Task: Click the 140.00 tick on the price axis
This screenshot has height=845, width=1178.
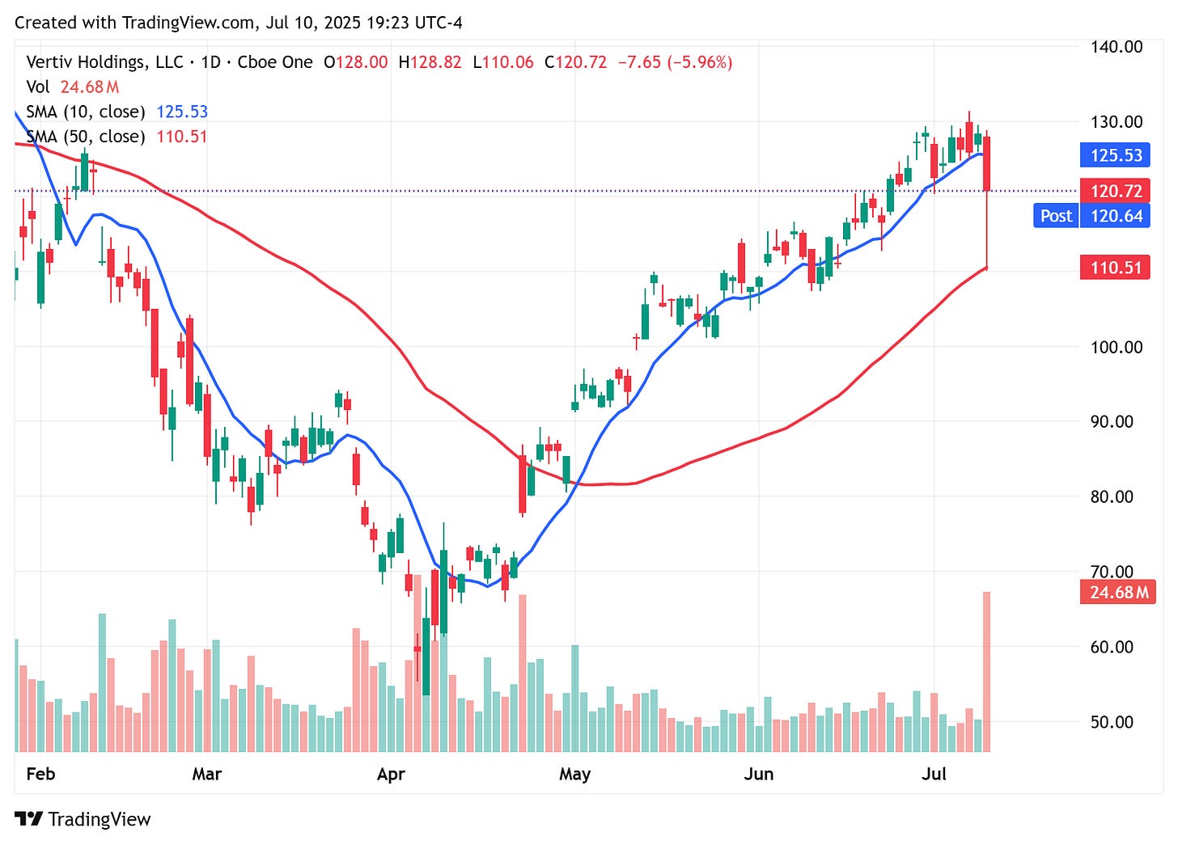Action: coord(1116,47)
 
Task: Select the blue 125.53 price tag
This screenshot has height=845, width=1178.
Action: coord(1116,155)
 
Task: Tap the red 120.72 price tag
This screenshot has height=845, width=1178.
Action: coord(1116,192)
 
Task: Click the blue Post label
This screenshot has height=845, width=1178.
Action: coord(1056,216)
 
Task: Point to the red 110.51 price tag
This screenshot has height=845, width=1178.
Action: coord(1116,268)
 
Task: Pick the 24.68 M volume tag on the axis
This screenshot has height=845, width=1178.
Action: coord(1118,593)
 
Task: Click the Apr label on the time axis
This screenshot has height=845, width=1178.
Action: coord(391,775)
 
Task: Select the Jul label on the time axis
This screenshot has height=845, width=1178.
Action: coord(934,775)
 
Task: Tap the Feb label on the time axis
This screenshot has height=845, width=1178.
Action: coord(40,775)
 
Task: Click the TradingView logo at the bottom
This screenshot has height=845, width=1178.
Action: coord(83,819)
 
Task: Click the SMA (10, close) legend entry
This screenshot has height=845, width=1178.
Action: coord(85,112)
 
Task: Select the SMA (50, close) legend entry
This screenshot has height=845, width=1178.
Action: coord(85,137)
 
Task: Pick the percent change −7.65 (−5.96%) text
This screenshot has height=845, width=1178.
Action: coord(675,62)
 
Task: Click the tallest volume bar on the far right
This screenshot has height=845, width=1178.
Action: coord(986,671)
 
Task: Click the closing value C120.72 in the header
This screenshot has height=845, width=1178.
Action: coord(575,62)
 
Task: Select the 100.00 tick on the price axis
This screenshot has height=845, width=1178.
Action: coord(1116,347)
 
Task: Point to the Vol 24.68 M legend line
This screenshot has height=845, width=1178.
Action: coord(73,87)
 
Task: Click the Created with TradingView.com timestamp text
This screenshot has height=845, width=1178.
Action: coord(239,23)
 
